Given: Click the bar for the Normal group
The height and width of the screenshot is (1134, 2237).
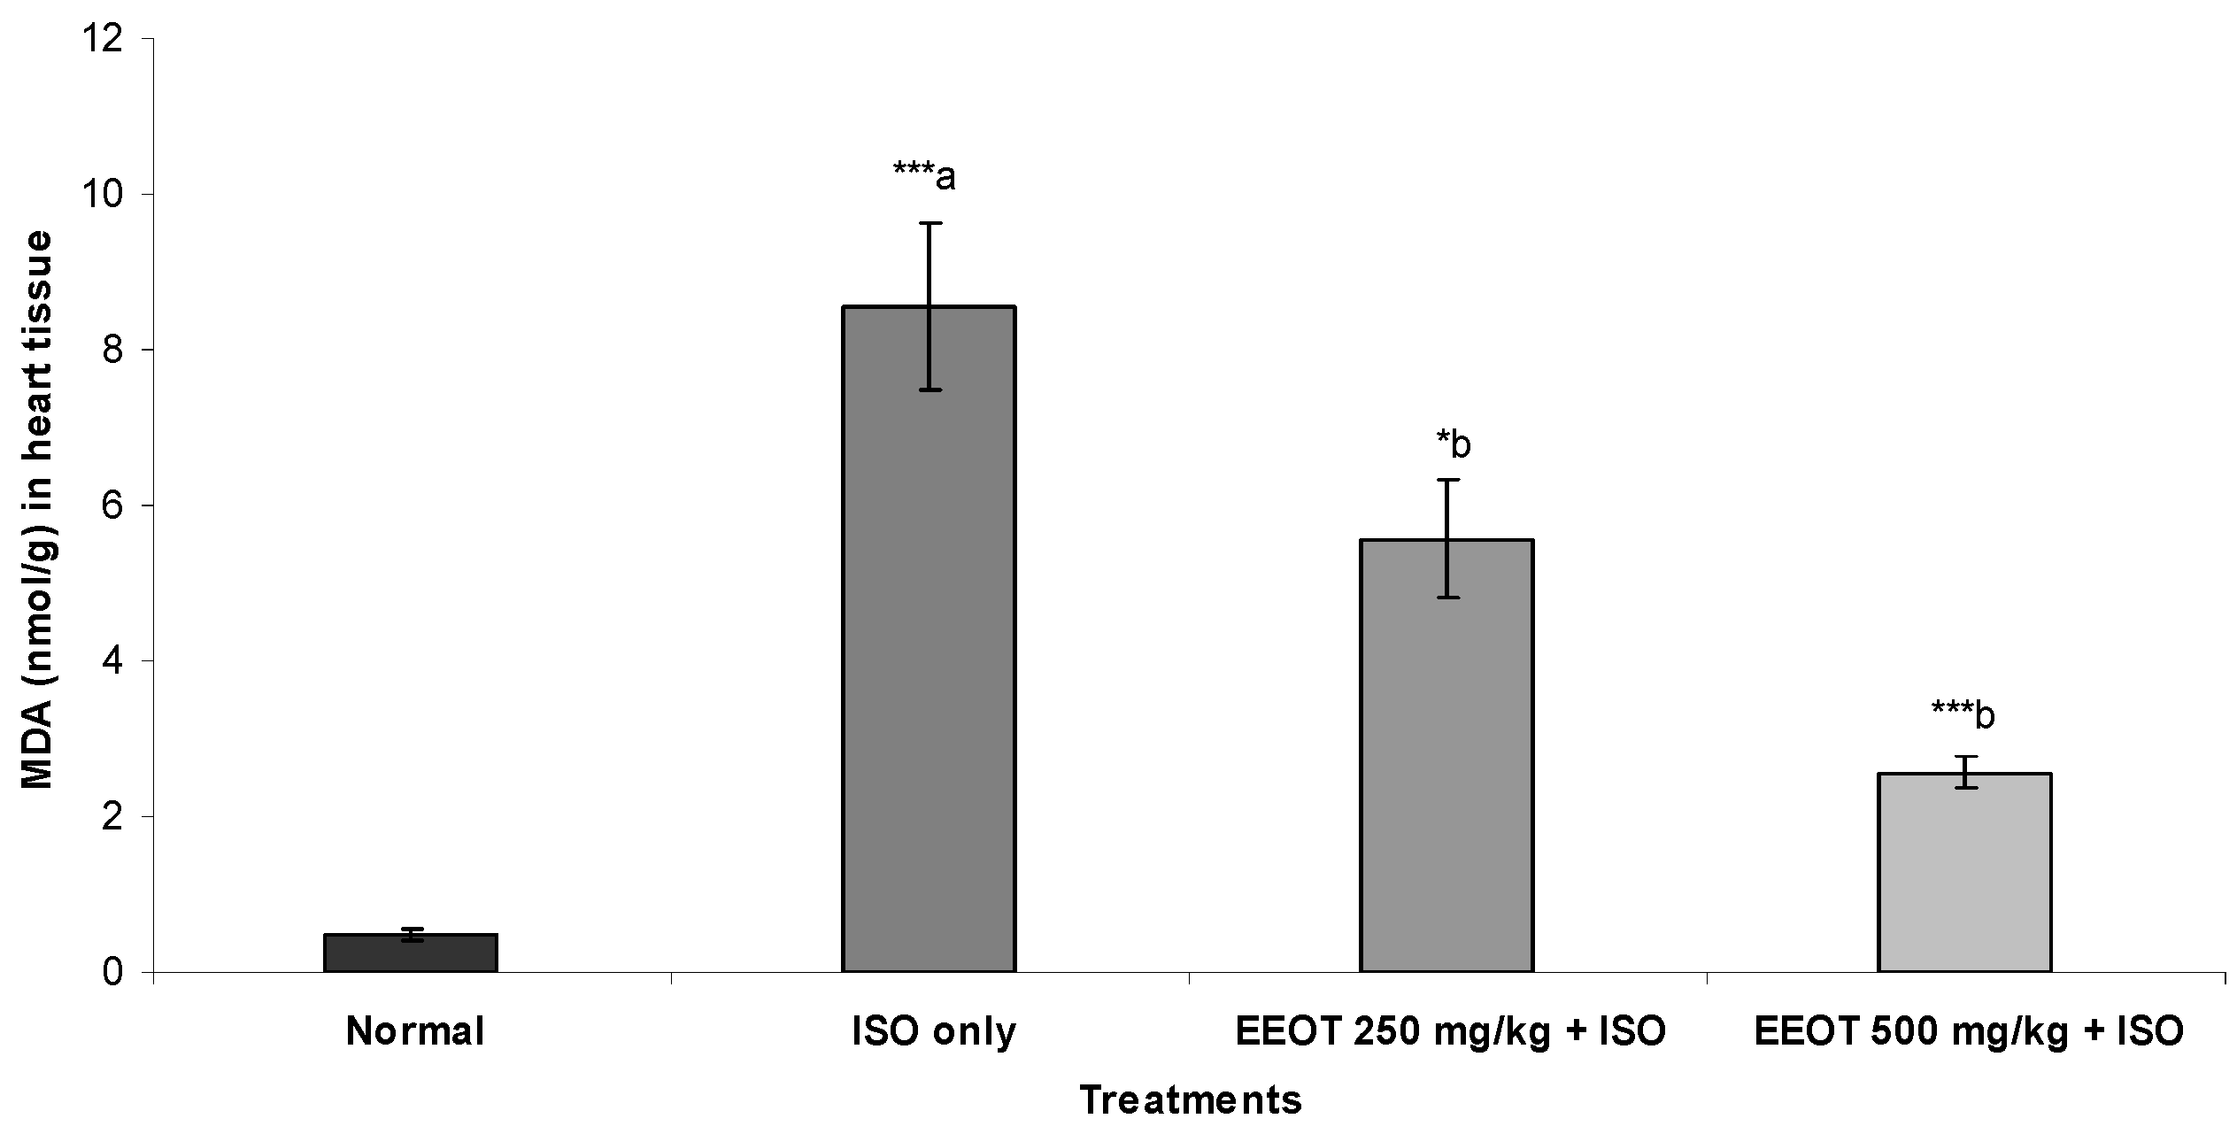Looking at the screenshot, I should tap(410, 953).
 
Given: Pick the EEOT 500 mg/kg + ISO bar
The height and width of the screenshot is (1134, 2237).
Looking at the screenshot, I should tap(1964, 872).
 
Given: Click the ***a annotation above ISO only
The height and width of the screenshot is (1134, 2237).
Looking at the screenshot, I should tap(924, 177).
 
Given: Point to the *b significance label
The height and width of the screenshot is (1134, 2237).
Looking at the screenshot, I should tap(1453, 444).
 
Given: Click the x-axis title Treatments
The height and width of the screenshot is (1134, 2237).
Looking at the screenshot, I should tap(1190, 1099).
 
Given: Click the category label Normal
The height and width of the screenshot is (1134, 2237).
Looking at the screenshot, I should tap(415, 1032).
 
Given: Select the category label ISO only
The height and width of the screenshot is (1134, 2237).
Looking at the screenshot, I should tap(933, 1032).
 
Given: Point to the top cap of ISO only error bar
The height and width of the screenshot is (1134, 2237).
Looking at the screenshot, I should tap(929, 224).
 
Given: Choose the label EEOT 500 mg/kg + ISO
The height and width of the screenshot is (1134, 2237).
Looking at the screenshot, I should tap(1969, 1032).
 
